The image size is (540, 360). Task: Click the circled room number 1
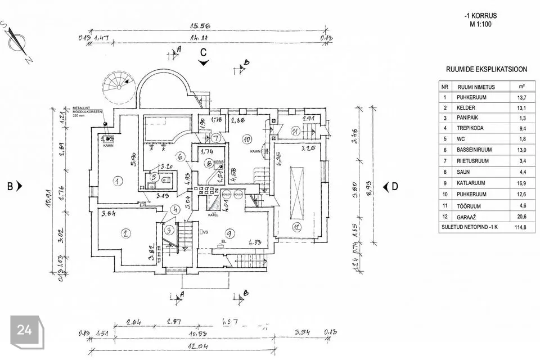118,181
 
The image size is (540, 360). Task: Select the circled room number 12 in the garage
296,227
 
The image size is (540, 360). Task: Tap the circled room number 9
229,233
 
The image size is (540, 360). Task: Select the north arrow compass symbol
21,40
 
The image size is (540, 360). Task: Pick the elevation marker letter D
395,186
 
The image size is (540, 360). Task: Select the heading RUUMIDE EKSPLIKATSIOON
486,70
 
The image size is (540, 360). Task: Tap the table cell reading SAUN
464,172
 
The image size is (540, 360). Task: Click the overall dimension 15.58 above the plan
196,26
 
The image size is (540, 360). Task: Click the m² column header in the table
521,87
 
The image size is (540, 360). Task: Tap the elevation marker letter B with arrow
12,186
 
